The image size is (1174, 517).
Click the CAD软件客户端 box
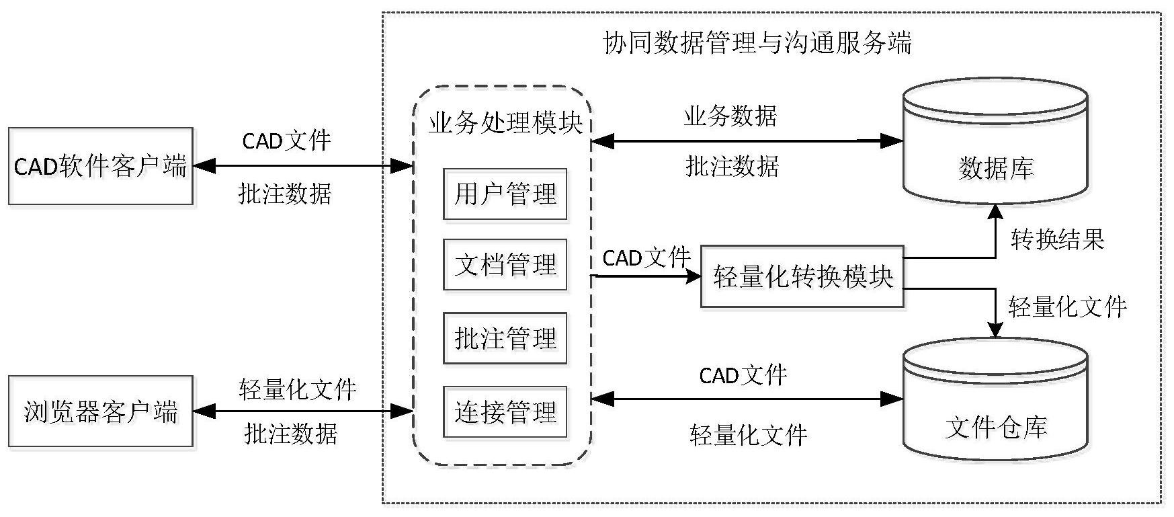tap(101, 166)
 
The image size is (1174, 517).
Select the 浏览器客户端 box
tap(101, 411)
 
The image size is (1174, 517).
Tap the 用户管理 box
tap(505, 194)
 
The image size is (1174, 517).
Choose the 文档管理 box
tap(505, 265)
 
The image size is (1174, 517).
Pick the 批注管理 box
tap(505, 338)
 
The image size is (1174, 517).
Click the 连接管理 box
tap(505, 411)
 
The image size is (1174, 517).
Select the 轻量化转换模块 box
tap(802, 276)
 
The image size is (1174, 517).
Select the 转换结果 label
tap(1057, 239)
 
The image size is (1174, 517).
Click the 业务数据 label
tap(730, 116)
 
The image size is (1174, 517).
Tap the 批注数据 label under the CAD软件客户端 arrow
tap(285, 194)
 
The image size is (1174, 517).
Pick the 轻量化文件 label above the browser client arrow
tap(297, 389)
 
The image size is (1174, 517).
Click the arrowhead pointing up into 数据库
tap(995, 210)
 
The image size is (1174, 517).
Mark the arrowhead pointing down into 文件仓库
tap(995, 329)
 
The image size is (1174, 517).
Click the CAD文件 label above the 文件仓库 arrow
tap(743, 375)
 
